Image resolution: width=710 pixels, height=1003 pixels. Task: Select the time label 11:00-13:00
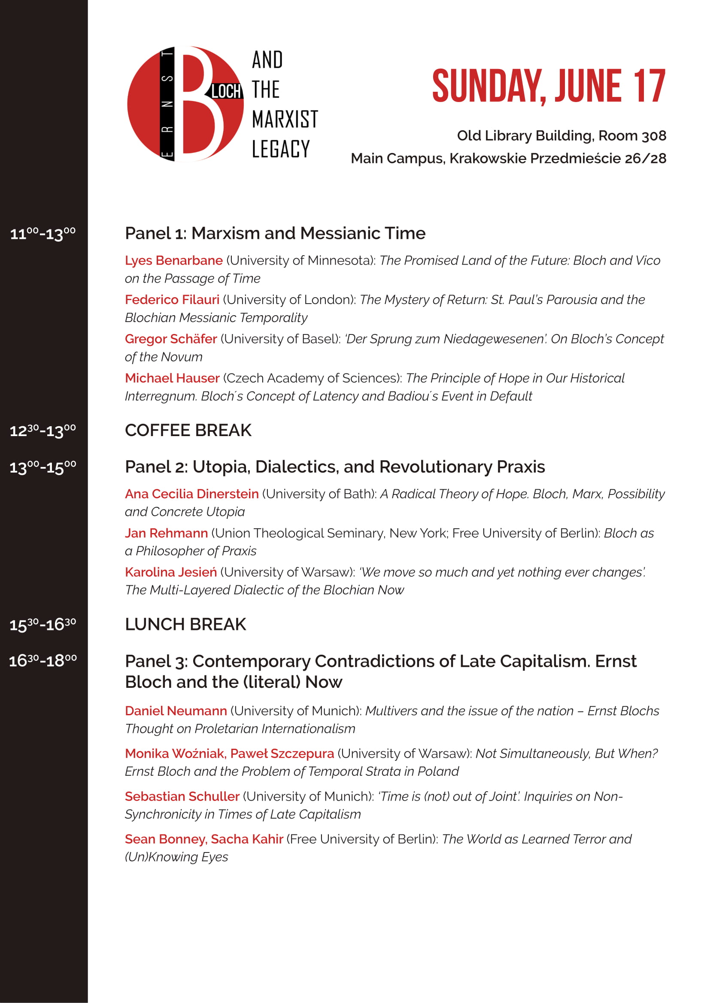(43, 234)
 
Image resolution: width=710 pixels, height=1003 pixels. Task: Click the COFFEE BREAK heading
(188, 430)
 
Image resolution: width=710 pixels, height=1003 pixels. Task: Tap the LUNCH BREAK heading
(185, 624)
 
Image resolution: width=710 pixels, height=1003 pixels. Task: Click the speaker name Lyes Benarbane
(173, 260)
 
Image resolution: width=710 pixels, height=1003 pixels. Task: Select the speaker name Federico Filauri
(172, 300)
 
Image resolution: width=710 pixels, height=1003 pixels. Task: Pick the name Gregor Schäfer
(170, 339)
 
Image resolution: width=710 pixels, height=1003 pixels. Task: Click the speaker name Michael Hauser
(172, 378)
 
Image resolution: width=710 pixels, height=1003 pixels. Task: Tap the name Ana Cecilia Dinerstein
(191, 494)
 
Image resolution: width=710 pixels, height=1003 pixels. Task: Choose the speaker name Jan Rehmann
(166, 533)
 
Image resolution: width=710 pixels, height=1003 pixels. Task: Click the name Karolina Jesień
(170, 572)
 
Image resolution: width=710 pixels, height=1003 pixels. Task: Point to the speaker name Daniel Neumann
(176, 711)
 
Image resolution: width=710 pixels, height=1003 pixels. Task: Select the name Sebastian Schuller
(182, 796)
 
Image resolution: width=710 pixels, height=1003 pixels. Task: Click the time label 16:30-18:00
(43, 661)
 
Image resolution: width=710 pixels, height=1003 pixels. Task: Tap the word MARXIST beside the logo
(285, 119)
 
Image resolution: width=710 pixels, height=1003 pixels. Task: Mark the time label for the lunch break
(43, 625)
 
